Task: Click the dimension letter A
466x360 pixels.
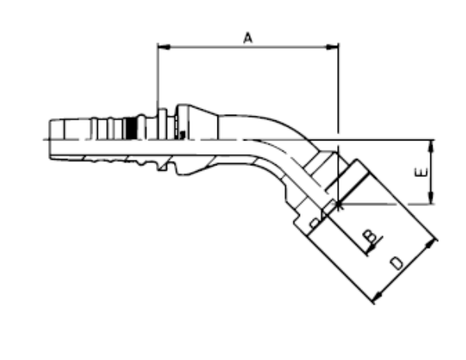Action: click(x=248, y=38)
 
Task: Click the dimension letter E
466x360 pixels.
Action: click(x=421, y=172)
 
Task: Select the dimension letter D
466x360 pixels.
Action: click(x=397, y=263)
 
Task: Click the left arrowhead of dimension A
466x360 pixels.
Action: click(x=164, y=47)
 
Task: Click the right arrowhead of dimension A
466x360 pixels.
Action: click(x=332, y=47)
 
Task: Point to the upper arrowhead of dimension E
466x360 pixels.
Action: click(x=432, y=146)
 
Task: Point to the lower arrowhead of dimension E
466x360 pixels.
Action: click(x=432, y=198)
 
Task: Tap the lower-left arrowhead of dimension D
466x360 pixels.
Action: click(x=378, y=296)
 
